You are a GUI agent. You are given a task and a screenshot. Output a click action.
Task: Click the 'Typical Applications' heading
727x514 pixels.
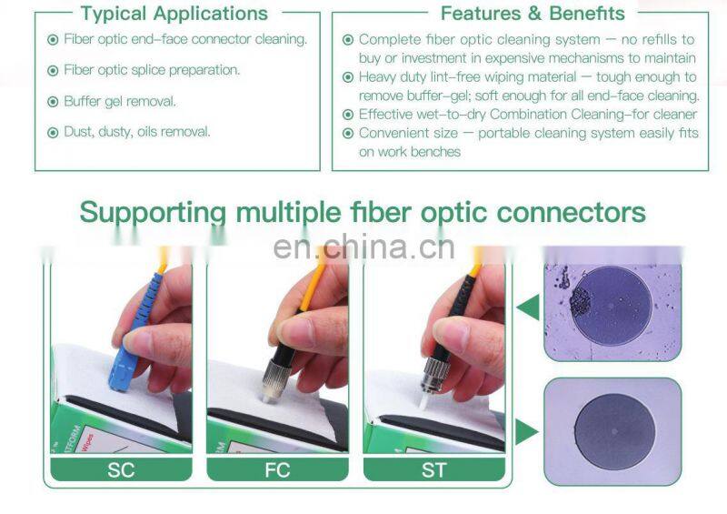[x=174, y=14]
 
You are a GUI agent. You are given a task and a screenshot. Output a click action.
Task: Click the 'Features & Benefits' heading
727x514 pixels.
[x=533, y=14]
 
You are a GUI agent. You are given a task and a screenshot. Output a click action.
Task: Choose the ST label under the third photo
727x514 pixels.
[x=433, y=470]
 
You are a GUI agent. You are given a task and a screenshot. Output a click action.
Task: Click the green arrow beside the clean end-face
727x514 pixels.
[x=526, y=431]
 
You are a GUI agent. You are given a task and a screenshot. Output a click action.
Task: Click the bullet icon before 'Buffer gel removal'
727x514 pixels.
[x=53, y=101]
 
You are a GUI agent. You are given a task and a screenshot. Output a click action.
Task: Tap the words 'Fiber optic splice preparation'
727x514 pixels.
[x=152, y=70]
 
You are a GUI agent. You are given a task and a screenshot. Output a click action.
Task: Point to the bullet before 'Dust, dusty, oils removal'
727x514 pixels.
[x=53, y=132]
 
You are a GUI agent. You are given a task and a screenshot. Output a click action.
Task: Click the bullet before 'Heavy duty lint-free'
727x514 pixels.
[x=348, y=77]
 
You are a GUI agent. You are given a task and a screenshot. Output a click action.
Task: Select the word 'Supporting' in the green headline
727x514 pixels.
[x=153, y=213]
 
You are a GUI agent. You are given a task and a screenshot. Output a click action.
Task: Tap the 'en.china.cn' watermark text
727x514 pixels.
[x=363, y=247]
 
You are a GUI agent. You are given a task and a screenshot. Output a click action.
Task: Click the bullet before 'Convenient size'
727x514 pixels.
[x=348, y=134]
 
